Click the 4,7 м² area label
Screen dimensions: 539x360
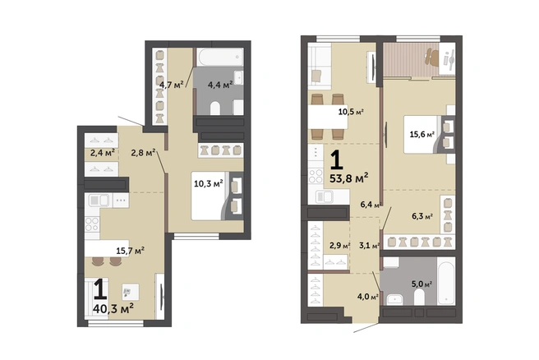pyautogui.click(x=174, y=84)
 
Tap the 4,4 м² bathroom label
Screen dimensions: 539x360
pyautogui.click(x=220, y=84)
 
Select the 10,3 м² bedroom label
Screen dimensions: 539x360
pyautogui.click(x=209, y=183)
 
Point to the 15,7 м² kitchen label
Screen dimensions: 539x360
pyautogui.click(x=130, y=251)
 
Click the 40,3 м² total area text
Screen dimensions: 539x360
pyautogui.click(x=113, y=308)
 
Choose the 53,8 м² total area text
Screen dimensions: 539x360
pyautogui.click(x=349, y=178)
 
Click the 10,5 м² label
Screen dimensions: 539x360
pyautogui.click(x=351, y=112)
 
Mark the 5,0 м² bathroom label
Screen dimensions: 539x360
pyautogui.click(x=422, y=284)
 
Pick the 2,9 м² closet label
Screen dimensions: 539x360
pyautogui.click(x=340, y=246)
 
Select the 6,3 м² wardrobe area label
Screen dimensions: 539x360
pyautogui.click(x=422, y=216)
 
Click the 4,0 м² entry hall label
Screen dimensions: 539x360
pyautogui.click(x=368, y=297)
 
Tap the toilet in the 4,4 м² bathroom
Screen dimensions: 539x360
pyautogui.click(x=214, y=108)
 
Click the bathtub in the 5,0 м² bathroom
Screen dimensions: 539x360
pyautogui.click(x=446, y=282)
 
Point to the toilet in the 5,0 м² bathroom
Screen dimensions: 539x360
pyautogui.click(x=419, y=297)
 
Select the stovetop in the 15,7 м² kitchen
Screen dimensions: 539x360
pyautogui.click(x=92, y=224)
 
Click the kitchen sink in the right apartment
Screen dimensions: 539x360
pyautogui.click(x=324, y=197)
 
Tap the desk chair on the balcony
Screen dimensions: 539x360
pyautogui.click(x=432, y=57)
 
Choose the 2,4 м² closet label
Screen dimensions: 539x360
pyautogui.click(x=103, y=153)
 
